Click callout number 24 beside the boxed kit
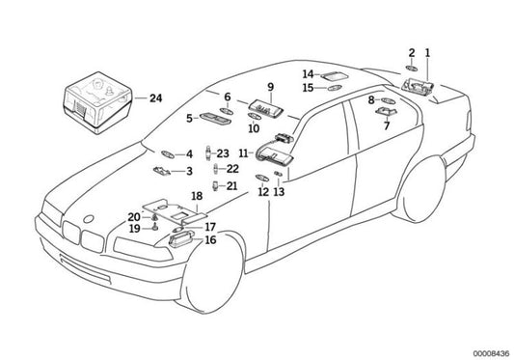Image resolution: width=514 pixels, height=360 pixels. coord(155,98)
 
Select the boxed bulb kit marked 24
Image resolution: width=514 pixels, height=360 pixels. coord(96,102)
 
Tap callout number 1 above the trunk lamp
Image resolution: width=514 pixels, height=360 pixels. coord(427,53)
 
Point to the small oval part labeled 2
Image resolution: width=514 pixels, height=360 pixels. coord(412,68)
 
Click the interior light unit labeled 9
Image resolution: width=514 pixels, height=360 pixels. coord(265,109)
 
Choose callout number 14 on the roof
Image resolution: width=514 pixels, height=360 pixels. coord(308,74)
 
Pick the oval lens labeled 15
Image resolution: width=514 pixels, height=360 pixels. coord(335,88)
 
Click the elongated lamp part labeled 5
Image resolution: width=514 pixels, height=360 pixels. coord(215,118)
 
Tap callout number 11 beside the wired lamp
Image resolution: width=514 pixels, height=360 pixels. coord(243,153)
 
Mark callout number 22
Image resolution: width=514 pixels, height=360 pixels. coord(232,169)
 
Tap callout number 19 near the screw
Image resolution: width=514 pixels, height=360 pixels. coord(135,229)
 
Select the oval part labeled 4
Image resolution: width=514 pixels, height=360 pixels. coord(168,153)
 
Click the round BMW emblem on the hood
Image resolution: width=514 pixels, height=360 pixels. coord(89,219)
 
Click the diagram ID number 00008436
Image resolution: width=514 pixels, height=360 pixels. coord(491,353)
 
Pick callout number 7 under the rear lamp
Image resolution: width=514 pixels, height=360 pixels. coord(387,125)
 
